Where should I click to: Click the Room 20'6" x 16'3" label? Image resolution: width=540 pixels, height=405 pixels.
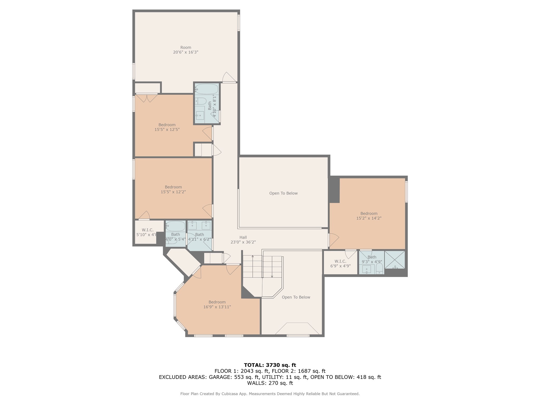pos(186,50)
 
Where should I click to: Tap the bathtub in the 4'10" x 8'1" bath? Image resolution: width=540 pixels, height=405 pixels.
pos(207,89)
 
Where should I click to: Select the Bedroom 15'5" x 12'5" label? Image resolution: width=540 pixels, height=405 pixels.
pos(167,127)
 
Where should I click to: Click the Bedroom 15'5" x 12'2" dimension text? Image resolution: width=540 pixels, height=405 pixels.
pos(173,192)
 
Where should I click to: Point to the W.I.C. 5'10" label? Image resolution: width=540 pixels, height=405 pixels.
pos(147,232)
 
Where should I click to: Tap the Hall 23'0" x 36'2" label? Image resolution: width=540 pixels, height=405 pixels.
pos(243,240)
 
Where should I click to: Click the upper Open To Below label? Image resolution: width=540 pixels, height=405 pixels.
pos(283,193)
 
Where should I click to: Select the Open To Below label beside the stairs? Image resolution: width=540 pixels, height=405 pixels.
pos(296,297)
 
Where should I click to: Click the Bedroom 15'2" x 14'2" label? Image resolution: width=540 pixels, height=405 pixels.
pos(369,216)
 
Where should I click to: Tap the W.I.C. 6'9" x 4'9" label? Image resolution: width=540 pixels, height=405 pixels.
pos(340,264)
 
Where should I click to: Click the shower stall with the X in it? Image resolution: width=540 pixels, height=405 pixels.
pos(395,260)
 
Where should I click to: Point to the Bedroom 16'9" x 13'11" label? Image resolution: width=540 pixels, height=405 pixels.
pos(217,305)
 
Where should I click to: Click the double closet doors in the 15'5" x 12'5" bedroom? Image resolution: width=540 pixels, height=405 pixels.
pos(147,98)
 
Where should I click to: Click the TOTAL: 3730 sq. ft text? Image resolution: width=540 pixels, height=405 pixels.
pos(270,365)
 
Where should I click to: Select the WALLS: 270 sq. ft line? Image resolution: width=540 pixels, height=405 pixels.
pos(270,383)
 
